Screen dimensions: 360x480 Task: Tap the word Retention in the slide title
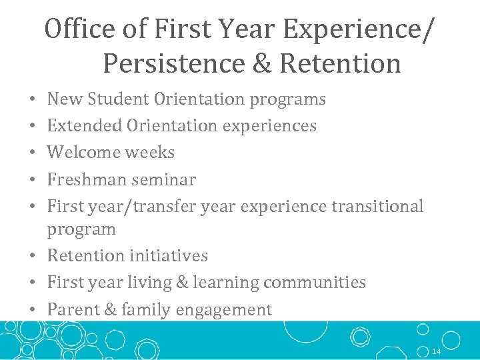click(x=341, y=63)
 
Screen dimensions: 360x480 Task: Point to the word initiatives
click(x=169, y=256)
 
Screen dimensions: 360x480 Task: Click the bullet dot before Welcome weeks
click(x=33, y=153)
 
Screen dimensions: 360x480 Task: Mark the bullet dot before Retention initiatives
click(x=33, y=257)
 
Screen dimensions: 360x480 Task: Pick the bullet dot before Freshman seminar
click(x=33, y=180)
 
